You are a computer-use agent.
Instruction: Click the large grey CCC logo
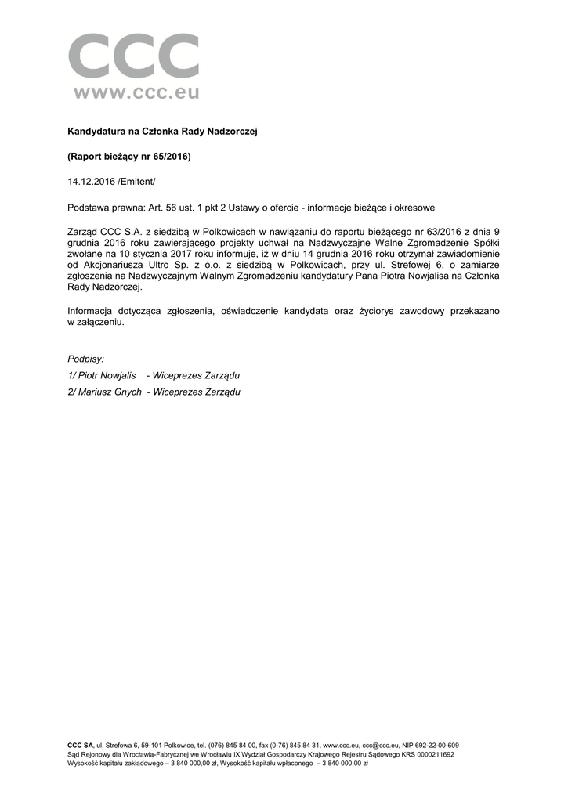134,56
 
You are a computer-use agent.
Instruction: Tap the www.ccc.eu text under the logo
137,93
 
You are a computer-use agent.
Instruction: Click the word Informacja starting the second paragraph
93,311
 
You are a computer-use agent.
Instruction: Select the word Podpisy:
86,359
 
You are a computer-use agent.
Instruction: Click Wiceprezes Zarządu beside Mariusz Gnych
197,392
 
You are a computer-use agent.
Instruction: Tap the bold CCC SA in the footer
81,745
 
